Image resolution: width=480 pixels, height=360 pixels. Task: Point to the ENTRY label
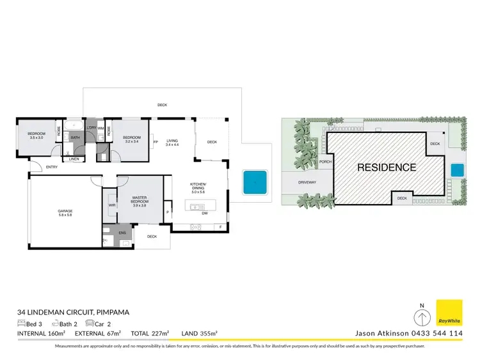pyautogui.click(x=52, y=168)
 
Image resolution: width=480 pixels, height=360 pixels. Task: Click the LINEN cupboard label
pyautogui.click(x=74, y=159)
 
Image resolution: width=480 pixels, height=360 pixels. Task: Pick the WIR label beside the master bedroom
pyautogui.click(x=112, y=206)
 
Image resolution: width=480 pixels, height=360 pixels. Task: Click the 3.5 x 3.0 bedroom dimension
pyautogui.click(x=36, y=138)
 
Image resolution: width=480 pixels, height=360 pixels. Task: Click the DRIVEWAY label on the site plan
pyautogui.click(x=307, y=182)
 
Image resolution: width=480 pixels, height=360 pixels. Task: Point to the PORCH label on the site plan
pyautogui.click(x=325, y=162)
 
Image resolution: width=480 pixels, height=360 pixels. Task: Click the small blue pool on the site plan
pyautogui.click(x=456, y=170)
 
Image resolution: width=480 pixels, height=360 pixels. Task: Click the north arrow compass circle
pyautogui.click(x=421, y=318)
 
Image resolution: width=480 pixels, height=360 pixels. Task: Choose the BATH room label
pyautogui.click(x=75, y=137)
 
